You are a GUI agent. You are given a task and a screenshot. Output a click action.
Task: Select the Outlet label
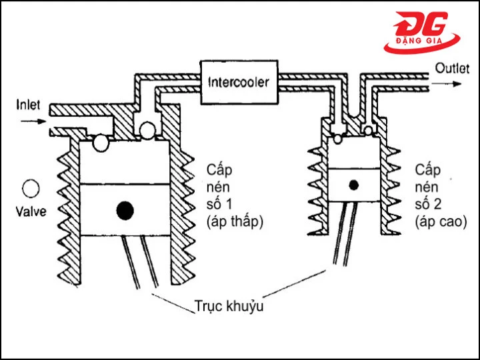coord(451,68)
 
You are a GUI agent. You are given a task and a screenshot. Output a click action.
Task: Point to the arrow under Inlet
coord(33,122)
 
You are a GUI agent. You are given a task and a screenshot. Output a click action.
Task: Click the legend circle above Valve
coord(29,189)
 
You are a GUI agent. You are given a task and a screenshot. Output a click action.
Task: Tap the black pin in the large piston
coord(125,210)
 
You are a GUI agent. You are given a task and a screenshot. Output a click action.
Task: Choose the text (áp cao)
coord(437,219)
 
